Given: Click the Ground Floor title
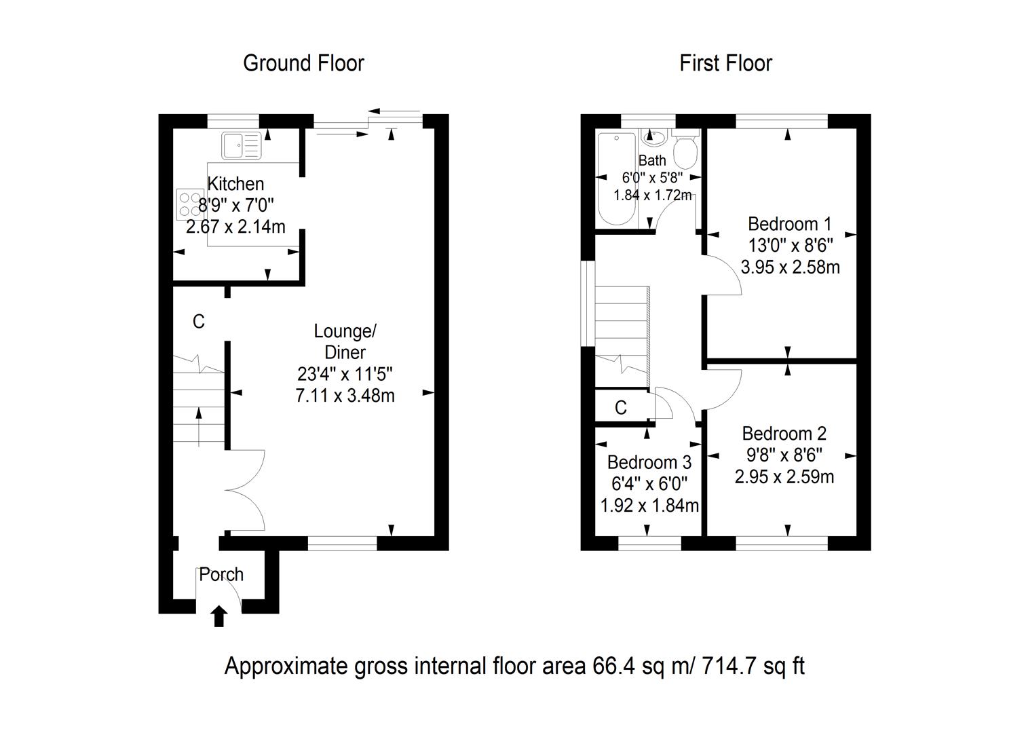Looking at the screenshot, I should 303,63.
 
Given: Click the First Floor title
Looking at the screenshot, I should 725,63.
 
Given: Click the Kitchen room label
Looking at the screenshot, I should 235,184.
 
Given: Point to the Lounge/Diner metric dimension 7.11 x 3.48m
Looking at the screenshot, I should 345,395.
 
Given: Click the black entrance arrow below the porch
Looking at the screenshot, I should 218,616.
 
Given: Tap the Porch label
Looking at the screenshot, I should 221,574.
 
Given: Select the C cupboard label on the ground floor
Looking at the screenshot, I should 198,322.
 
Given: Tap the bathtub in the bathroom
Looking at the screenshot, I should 616,180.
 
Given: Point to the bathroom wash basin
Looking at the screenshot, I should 653,139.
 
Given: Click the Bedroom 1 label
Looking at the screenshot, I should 789,224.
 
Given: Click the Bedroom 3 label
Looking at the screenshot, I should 649,463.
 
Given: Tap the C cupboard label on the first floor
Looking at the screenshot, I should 620,407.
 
